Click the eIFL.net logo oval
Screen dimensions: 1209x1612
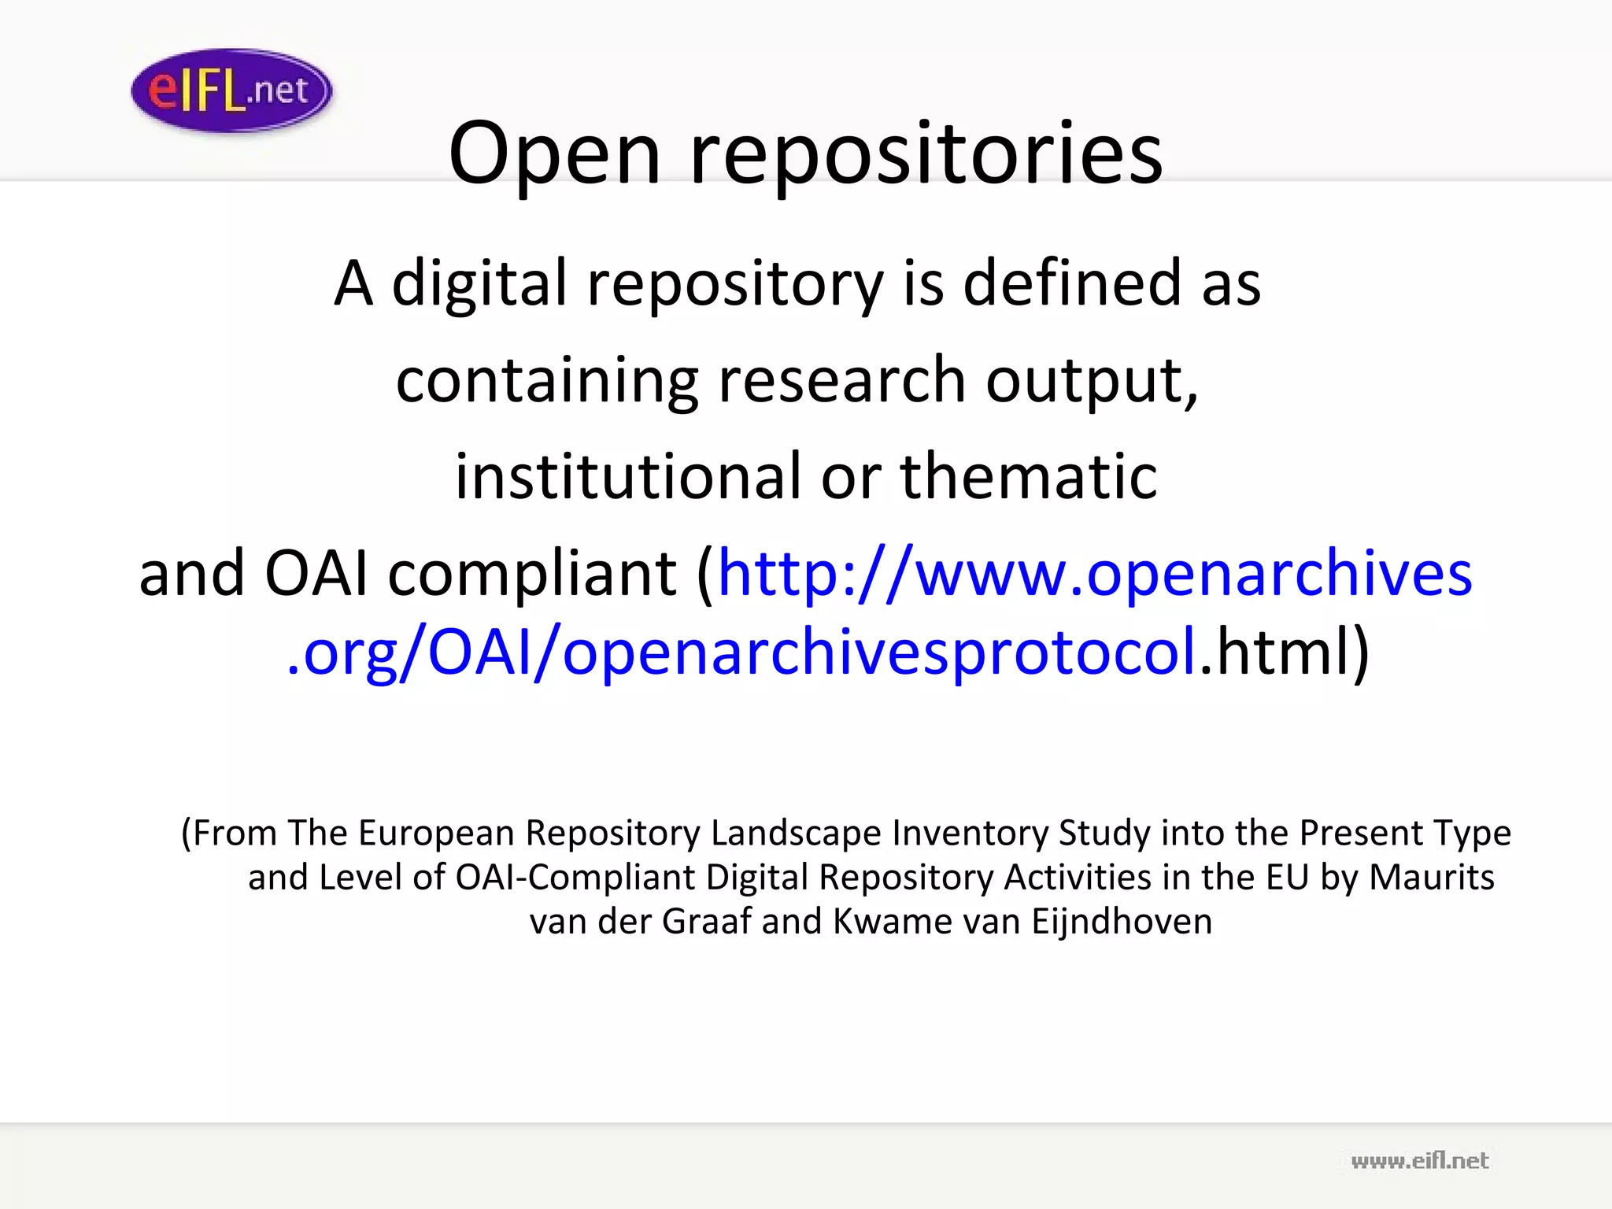231,91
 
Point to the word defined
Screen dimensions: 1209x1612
1071,283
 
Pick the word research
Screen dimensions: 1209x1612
841,381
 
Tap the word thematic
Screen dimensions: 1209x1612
1028,477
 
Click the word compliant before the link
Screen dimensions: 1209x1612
532,574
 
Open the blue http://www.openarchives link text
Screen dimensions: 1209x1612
1095,574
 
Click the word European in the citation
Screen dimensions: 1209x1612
436,833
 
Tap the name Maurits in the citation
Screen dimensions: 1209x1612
1431,877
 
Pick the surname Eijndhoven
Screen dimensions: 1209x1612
1122,921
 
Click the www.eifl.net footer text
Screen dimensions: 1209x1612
1419,1160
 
